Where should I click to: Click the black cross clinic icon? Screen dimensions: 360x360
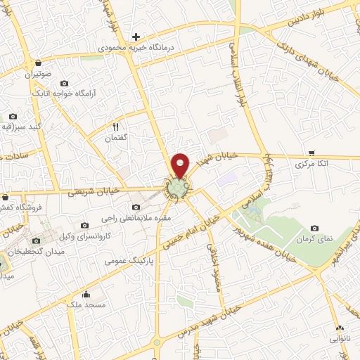(136, 36)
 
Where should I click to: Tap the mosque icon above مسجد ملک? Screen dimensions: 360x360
(86, 295)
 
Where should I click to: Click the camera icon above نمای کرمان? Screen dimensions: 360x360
(314, 228)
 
